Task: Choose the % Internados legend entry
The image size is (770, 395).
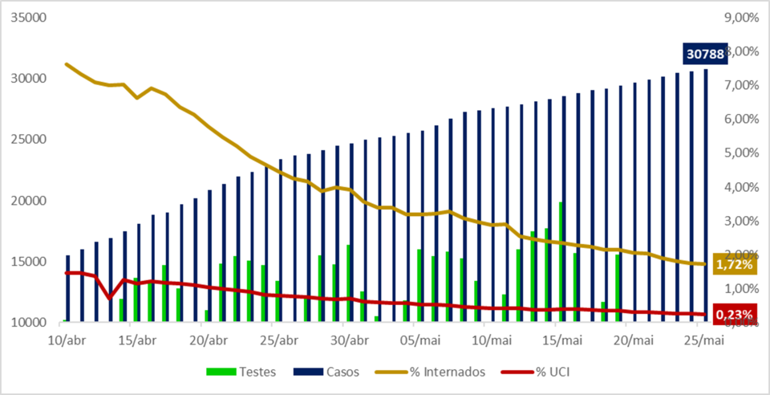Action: point(438,372)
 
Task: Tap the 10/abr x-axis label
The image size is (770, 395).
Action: point(67,340)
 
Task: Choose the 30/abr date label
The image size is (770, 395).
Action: point(350,340)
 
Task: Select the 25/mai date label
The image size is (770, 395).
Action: point(703,340)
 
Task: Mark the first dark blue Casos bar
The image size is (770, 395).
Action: point(68,289)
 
